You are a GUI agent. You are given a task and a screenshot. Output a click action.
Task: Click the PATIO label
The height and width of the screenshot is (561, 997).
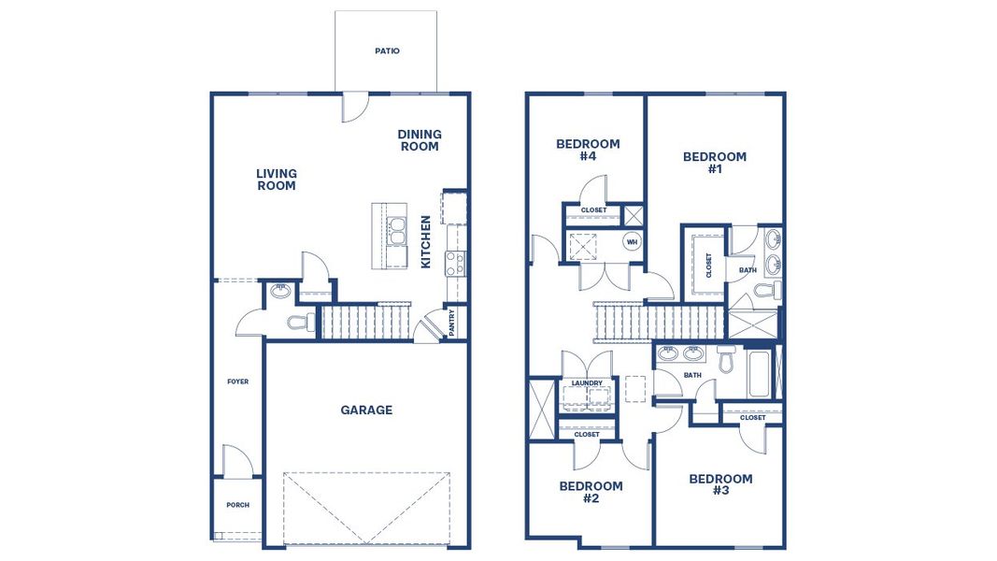387,51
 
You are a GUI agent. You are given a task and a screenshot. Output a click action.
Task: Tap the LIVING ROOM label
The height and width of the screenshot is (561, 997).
277,180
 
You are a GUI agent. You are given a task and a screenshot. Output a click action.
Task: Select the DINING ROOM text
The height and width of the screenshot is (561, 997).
420,140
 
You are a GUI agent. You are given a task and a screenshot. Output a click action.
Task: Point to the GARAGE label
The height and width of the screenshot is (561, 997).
366,410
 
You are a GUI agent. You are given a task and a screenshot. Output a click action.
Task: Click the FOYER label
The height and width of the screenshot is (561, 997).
238,381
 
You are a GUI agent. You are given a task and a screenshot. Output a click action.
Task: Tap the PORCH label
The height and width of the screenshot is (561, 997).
238,505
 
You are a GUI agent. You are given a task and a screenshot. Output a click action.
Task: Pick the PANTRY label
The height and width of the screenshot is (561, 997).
452,323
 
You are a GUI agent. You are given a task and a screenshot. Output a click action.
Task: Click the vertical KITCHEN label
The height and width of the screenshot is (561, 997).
426,242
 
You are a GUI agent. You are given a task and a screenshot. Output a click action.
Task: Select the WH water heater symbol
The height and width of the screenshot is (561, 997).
632,242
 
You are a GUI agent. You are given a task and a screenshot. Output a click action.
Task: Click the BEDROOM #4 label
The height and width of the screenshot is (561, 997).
588,150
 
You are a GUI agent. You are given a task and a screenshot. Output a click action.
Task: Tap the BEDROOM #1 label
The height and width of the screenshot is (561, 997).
715,163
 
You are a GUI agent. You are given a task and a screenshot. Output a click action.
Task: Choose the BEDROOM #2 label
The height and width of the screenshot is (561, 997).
591,492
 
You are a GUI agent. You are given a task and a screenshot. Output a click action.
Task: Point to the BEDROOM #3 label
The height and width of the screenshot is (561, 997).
720,484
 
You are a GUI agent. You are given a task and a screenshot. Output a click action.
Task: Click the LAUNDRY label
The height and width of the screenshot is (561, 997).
587,382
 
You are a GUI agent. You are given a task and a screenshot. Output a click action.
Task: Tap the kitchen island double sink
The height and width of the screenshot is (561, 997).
397,231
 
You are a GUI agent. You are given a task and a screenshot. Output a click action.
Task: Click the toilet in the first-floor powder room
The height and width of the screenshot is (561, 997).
298,323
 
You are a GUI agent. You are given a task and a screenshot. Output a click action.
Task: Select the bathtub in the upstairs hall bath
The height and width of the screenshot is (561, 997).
759,372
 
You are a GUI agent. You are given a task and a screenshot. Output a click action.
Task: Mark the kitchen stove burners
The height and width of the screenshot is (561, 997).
455,263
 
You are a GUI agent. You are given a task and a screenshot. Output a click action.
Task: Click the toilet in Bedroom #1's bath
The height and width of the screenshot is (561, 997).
765,292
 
